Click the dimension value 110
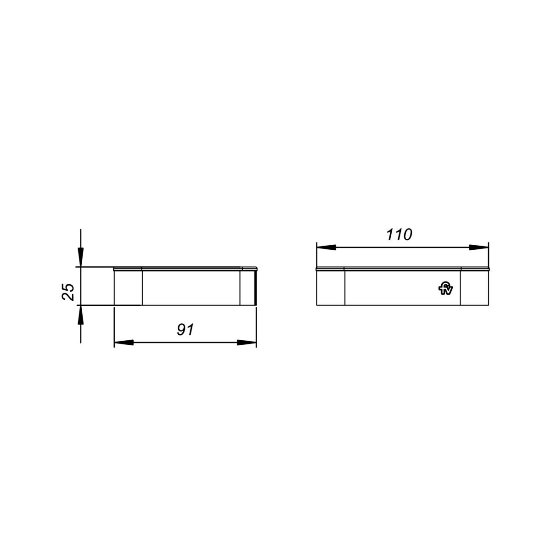pyautogui.click(x=399, y=235)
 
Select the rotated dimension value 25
pyautogui.click(x=68, y=292)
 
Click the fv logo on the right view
pyautogui.click(x=446, y=289)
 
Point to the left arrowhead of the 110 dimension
pyautogui.click(x=326, y=247)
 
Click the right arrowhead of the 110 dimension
pyautogui.click(x=478, y=247)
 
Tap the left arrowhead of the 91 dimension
pyautogui.click(x=124, y=343)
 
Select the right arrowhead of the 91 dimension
pyautogui.click(x=247, y=343)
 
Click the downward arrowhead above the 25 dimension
pyautogui.click(x=81, y=257)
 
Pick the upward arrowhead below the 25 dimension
pyautogui.click(x=81, y=315)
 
